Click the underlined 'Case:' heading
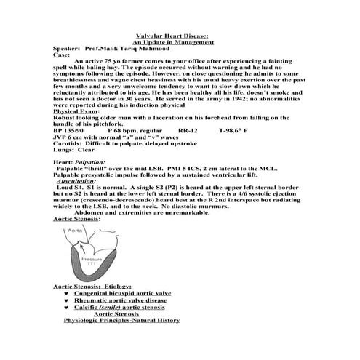(x=62, y=55)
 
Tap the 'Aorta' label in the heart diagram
(x=76, y=231)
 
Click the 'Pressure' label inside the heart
(x=92, y=259)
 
